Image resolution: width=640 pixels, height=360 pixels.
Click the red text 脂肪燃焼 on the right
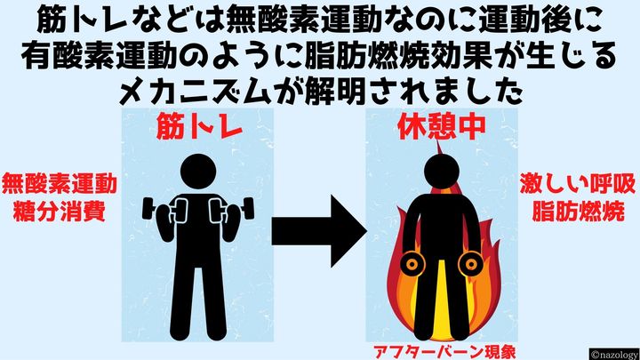click(579, 213)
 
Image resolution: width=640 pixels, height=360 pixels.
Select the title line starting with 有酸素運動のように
click(319, 56)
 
